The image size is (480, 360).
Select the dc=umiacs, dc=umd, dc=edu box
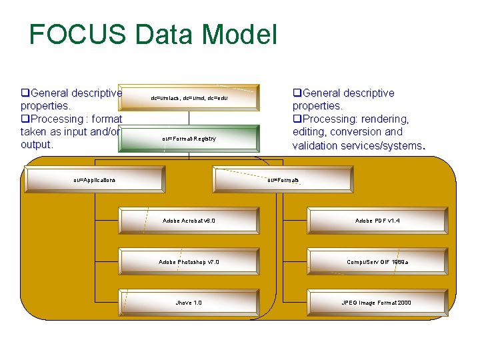[189, 97]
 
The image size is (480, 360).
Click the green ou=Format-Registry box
[189, 139]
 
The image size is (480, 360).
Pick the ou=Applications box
[95, 179]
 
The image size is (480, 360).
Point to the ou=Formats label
[283, 179]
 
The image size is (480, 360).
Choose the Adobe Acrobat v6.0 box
[189, 220]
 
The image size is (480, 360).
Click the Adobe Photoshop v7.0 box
[189, 261]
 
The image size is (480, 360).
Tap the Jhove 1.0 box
[189, 302]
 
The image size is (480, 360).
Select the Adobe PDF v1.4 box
[377, 220]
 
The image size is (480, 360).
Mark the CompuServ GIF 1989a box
[377, 261]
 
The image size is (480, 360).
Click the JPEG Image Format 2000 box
[377, 302]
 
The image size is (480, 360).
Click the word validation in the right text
[317, 145]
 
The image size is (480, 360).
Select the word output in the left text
[37, 145]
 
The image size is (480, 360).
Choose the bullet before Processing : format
[25, 119]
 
